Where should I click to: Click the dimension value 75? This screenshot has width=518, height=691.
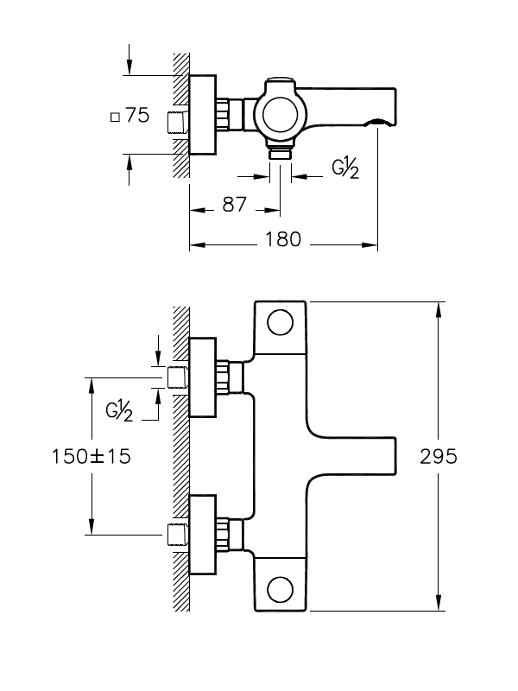coord(137,115)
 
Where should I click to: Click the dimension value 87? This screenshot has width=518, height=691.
coord(234,205)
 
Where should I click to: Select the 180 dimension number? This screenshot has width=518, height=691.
coord(283,239)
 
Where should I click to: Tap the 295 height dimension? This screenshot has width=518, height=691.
coord(439,456)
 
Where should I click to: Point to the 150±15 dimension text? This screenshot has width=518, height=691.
coord(92,456)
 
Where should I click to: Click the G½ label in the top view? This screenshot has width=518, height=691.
coord(344,168)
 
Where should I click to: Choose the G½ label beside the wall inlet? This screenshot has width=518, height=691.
coord(119,411)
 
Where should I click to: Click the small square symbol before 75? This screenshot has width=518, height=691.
coord(115,117)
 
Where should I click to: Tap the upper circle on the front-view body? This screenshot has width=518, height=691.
coord(280,322)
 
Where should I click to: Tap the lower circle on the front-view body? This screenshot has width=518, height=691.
coord(280,590)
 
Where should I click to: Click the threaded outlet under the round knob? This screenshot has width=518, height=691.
coord(280,153)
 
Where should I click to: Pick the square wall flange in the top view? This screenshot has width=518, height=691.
coord(203,115)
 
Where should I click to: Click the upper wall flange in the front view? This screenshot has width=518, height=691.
coord(203,377)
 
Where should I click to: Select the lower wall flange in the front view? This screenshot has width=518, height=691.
coord(203,535)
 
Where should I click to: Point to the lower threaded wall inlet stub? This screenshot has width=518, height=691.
coord(178,535)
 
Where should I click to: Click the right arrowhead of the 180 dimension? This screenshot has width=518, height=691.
coord(370,244)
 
